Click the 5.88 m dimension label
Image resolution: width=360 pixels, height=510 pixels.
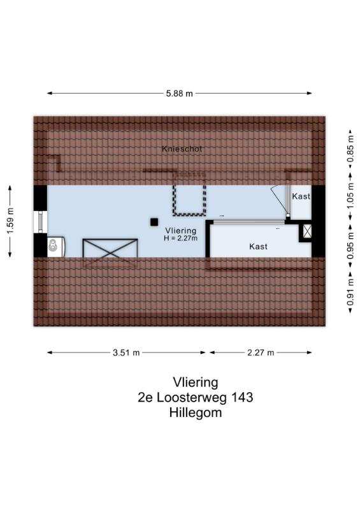tap(179, 94)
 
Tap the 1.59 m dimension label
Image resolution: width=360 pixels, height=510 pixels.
tap(10, 221)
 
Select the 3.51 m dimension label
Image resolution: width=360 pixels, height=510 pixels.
tap(126, 353)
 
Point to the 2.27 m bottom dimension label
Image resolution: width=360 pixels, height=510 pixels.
tap(261, 353)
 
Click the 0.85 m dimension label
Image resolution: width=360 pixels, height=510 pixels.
tap(350, 149)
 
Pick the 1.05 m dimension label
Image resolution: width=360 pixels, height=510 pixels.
tap(350, 196)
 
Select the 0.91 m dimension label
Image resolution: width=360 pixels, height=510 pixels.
tap(350, 293)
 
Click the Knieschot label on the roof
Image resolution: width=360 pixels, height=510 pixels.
tap(182, 149)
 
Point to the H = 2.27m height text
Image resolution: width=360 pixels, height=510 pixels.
tap(181, 238)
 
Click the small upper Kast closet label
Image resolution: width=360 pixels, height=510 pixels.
tap(301, 196)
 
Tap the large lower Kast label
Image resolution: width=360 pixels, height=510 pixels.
tap(258, 247)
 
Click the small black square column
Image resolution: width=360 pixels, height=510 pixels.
tap(154, 222)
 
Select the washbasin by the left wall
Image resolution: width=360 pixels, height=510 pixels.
tap(56, 247)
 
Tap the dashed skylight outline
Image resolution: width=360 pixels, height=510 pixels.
tap(189, 194)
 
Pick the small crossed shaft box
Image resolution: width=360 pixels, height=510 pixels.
tap(307, 231)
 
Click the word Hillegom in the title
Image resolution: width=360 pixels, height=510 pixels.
tap(196, 412)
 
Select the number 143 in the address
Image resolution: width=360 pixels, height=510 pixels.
tap(241, 397)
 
